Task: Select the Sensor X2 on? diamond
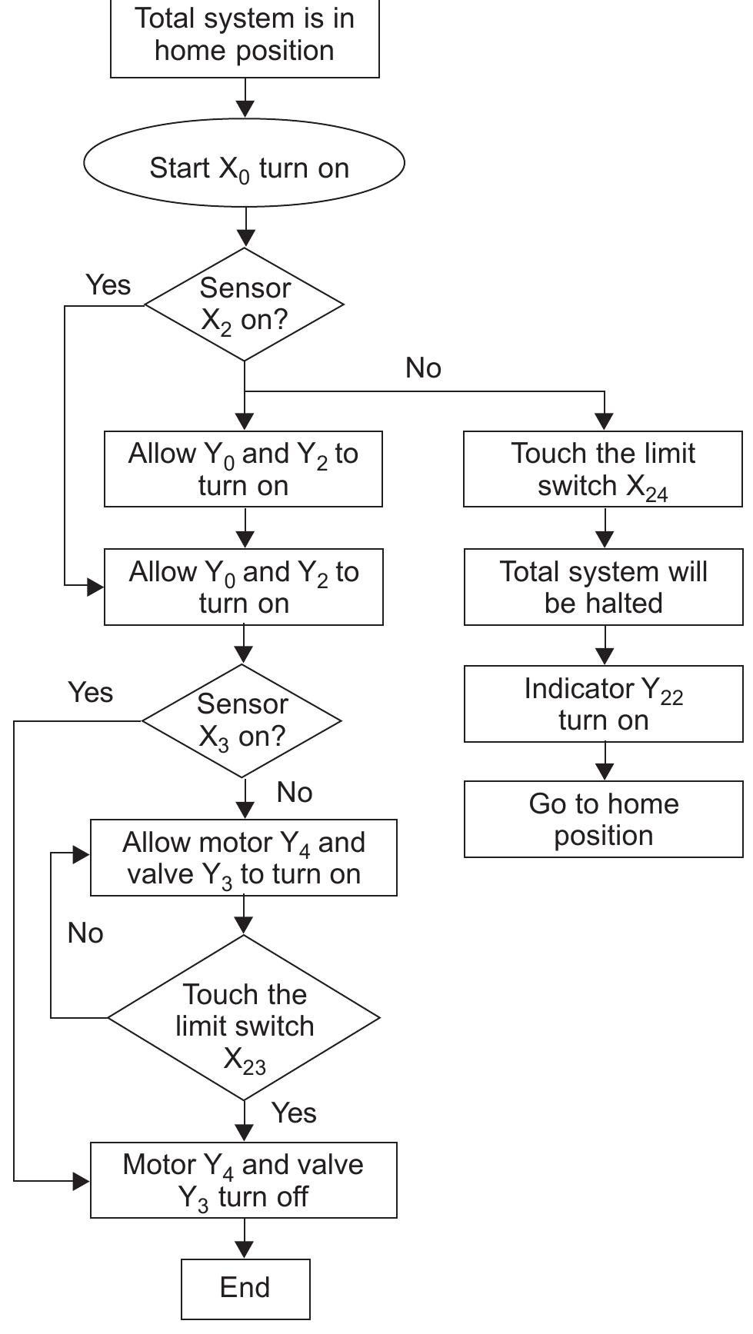[x=244, y=304]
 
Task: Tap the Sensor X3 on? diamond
[x=242, y=720]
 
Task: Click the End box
[x=245, y=1288]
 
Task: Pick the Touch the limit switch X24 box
[x=603, y=469]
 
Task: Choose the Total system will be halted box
[x=604, y=587]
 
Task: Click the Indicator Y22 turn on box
[x=604, y=704]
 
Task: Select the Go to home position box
[x=604, y=819]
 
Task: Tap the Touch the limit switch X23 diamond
[x=244, y=1017]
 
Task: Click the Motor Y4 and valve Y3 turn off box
[x=244, y=1180]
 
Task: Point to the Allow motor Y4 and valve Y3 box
[x=244, y=857]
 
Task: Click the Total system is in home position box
[x=245, y=36]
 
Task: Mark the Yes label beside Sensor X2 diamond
[x=108, y=284]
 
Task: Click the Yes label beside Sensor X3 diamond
[x=91, y=692]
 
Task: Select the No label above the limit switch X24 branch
[x=423, y=368]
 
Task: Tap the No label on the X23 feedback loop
[x=85, y=933]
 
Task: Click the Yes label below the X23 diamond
[x=294, y=1113]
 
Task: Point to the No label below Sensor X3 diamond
[x=295, y=792]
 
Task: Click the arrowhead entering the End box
[x=245, y=1250]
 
